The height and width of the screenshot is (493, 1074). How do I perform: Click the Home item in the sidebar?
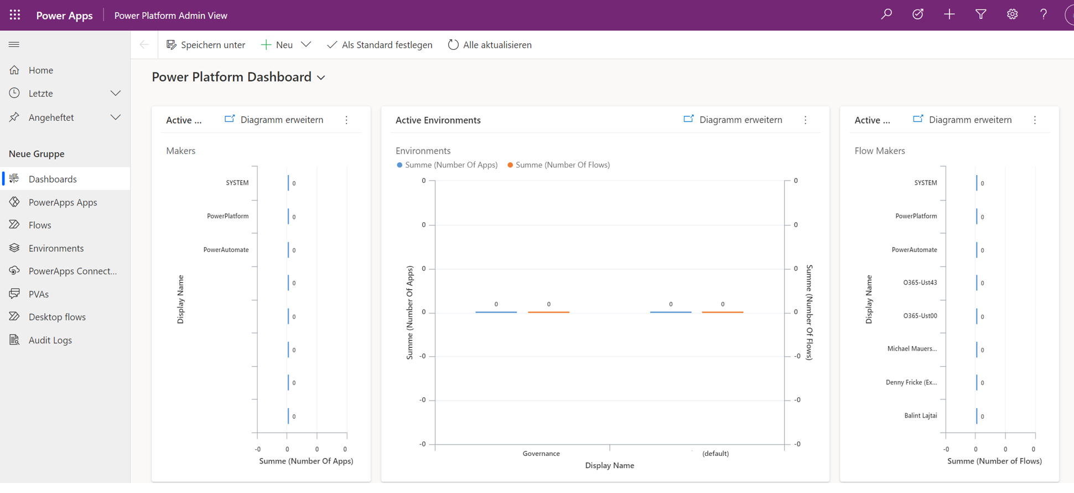point(40,70)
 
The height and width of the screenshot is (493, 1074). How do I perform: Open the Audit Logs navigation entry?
point(50,340)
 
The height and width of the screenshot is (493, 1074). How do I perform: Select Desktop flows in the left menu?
point(57,317)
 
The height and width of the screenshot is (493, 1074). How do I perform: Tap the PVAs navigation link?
point(38,294)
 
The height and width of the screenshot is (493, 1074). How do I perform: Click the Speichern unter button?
point(206,45)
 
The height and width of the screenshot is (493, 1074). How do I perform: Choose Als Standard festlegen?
point(380,45)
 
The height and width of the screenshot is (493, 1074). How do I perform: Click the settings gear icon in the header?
point(1012,15)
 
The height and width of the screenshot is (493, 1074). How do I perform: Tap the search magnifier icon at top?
point(886,15)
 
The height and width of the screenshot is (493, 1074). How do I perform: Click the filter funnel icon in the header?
point(980,15)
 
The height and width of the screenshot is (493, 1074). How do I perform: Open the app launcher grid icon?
point(15,15)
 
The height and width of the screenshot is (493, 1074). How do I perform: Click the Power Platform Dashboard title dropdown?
point(238,77)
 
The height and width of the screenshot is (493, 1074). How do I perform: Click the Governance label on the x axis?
point(541,454)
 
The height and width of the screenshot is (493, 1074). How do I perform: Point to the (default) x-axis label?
point(715,454)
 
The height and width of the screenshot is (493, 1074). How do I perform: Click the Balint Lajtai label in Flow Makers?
point(920,415)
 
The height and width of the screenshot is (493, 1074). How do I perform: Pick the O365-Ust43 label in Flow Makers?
point(920,283)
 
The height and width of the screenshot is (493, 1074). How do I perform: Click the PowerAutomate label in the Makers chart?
point(226,250)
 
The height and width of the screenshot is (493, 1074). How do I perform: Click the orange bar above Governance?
point(548,312)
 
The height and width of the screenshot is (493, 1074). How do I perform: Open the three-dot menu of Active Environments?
point(805,120)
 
